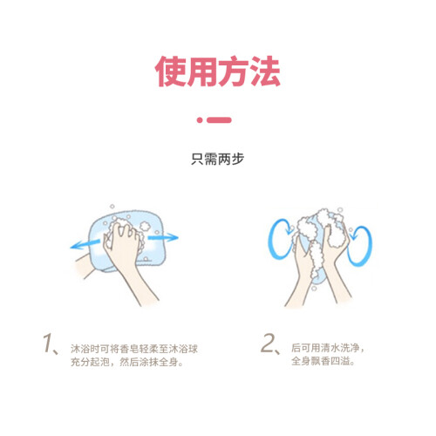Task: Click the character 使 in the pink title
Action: [171, 72]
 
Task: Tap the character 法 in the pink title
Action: [265, 72]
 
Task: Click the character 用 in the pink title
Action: [202, 72]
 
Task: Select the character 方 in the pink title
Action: [234, 72]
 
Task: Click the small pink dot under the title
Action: [200, 120]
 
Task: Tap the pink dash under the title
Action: [220, 120]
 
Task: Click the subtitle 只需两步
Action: [218, 159]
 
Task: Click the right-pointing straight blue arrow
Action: [163, 237]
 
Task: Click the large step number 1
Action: [48, 344]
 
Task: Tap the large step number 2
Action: [268, 343]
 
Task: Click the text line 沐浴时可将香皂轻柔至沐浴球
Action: [134, 349]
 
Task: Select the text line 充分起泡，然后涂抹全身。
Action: [127, 362]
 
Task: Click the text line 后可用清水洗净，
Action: [328, 348]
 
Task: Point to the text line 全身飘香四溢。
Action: [323, 361]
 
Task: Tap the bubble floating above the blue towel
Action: [112, 207]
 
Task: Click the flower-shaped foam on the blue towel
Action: [144, 226]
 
